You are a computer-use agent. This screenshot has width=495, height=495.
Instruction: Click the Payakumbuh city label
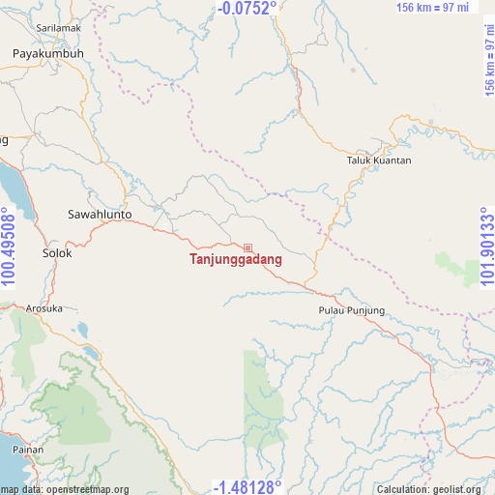48,54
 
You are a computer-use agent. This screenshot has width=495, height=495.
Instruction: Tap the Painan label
28,450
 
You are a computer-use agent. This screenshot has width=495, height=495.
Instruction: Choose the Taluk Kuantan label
379,160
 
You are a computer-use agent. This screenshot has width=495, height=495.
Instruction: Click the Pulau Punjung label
352,310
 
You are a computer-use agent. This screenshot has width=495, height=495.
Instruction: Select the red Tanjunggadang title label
236,260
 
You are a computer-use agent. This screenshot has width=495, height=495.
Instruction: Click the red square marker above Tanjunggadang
248,248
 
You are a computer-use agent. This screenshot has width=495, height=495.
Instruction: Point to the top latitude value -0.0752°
247,8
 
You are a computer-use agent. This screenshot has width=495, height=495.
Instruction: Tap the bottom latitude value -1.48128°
247,486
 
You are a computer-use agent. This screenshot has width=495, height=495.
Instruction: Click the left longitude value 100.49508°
9,247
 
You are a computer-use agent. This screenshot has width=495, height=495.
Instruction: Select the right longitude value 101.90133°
486,247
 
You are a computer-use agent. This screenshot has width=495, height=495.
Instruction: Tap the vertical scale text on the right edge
488,60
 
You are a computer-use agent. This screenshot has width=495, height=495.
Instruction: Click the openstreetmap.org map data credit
65,489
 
